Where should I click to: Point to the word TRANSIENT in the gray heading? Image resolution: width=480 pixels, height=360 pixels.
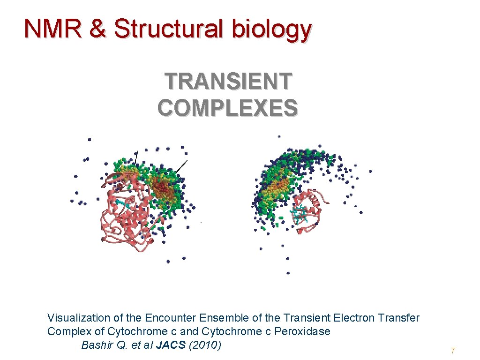tap(228, 82)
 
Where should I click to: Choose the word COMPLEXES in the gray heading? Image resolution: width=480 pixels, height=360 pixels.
tap(227, 107)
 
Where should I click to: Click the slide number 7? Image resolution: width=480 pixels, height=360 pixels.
tap(453, 351)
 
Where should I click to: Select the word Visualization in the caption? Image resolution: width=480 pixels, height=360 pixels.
tap(79, 318)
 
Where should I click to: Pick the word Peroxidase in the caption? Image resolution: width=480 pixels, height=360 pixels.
tap(302, 331)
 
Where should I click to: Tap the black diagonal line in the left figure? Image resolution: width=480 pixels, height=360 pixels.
tap(182, 166)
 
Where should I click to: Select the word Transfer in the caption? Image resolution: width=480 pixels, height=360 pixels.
tap(401, 318)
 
